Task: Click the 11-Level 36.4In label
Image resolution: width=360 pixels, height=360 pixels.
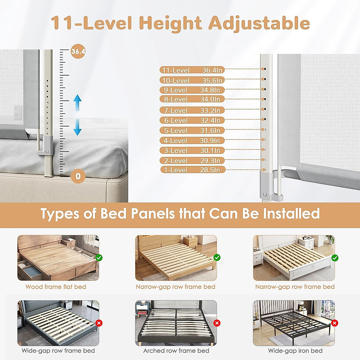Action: (x=192, y=70)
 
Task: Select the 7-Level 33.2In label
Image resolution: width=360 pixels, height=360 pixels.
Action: (x=192, y=110)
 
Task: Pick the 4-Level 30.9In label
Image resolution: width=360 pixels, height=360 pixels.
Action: (x=192, y=140)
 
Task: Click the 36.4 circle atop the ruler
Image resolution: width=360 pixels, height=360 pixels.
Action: (x=78, y=52)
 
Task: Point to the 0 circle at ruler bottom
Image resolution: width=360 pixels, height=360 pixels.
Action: (x=78, y=176)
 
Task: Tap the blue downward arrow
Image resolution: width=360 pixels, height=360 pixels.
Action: (x=78, y=127)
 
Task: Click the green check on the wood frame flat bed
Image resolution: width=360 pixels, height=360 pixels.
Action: (x=99, y=258)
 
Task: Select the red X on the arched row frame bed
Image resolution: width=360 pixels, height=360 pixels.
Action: (x=217, y=323)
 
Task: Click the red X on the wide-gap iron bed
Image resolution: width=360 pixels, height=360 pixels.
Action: (x=335, y=323)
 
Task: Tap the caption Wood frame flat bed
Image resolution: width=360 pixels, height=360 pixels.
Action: (x=56, y=287)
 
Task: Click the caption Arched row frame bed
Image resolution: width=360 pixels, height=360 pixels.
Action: (x=176, y=351)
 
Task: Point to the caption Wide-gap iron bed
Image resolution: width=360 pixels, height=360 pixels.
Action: (x=295, y=351)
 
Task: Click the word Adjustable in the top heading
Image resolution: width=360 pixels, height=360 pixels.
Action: (x=259, y=23)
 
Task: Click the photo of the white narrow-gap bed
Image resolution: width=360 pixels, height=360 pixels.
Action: (x=293, y=258)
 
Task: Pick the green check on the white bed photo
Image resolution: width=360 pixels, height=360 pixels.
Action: (x=335, y=258)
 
